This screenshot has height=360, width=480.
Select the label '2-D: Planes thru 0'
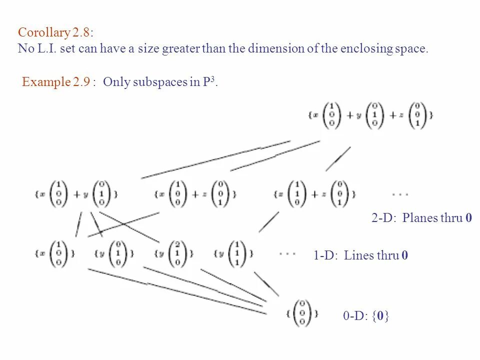tap(421, 217)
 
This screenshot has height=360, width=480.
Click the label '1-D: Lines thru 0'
tap(360, 255)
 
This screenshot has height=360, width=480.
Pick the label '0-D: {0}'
tap(366, 315)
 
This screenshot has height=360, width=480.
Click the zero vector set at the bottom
tap(302, 313)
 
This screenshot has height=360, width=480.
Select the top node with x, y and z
tap(370, 115)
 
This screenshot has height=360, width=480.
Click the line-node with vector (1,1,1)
tap(233, 253)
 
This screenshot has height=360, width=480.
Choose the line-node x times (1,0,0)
tap(55, 253)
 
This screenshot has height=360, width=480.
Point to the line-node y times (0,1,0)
tap(114, 253)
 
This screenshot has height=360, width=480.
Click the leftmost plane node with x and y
tap(77, 193)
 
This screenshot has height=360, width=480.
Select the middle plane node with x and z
tap(195, 193)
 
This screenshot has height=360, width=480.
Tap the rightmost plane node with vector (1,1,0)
tap(315, 193)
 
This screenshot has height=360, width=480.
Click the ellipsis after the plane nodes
tap(400, 193)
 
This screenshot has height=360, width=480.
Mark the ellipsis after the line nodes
tap(287, 253)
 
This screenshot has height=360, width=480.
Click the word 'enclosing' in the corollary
tap(364, 49)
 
